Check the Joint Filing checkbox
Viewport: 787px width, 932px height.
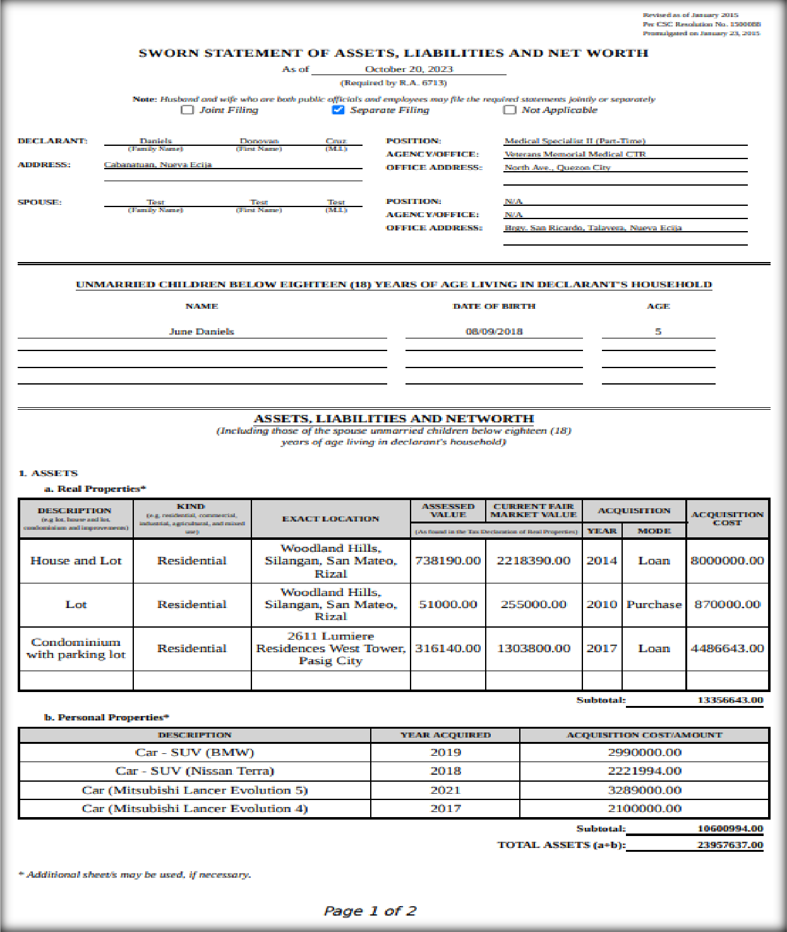(x=188, y=110)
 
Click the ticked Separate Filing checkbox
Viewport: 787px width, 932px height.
(x=339, y=110)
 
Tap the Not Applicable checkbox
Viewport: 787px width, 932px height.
(x=510, y=110)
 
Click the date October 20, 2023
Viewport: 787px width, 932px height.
(x=409, y=69)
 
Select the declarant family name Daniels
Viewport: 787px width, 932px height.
(x=155, y=141)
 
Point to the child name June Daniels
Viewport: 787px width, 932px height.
(x=201, y=332)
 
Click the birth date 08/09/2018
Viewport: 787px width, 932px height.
(x=494, y=332)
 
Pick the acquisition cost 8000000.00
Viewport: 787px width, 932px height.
(x=727, y=561)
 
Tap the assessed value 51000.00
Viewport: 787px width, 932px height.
(x=448, y=604)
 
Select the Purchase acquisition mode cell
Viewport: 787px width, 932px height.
(x=654, y=604)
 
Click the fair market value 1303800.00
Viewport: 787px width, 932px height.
(x=534, y=648)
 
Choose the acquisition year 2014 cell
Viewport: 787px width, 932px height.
(x=601, y=561)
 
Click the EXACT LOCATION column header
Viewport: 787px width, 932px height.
(x=330, y=519)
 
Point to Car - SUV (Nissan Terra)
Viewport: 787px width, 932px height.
(x=195, y=771)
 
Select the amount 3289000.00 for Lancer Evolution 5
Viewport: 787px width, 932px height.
(x=644, y=790)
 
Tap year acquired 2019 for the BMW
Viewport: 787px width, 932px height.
(x=445, y=753)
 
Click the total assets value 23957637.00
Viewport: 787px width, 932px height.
(x=730, y=845)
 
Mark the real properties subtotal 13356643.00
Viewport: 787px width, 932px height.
(x=730, y=700)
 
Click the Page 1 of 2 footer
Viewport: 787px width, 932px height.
(x=370, y=911)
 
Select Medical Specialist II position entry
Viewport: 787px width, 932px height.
(x=575, y=141)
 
